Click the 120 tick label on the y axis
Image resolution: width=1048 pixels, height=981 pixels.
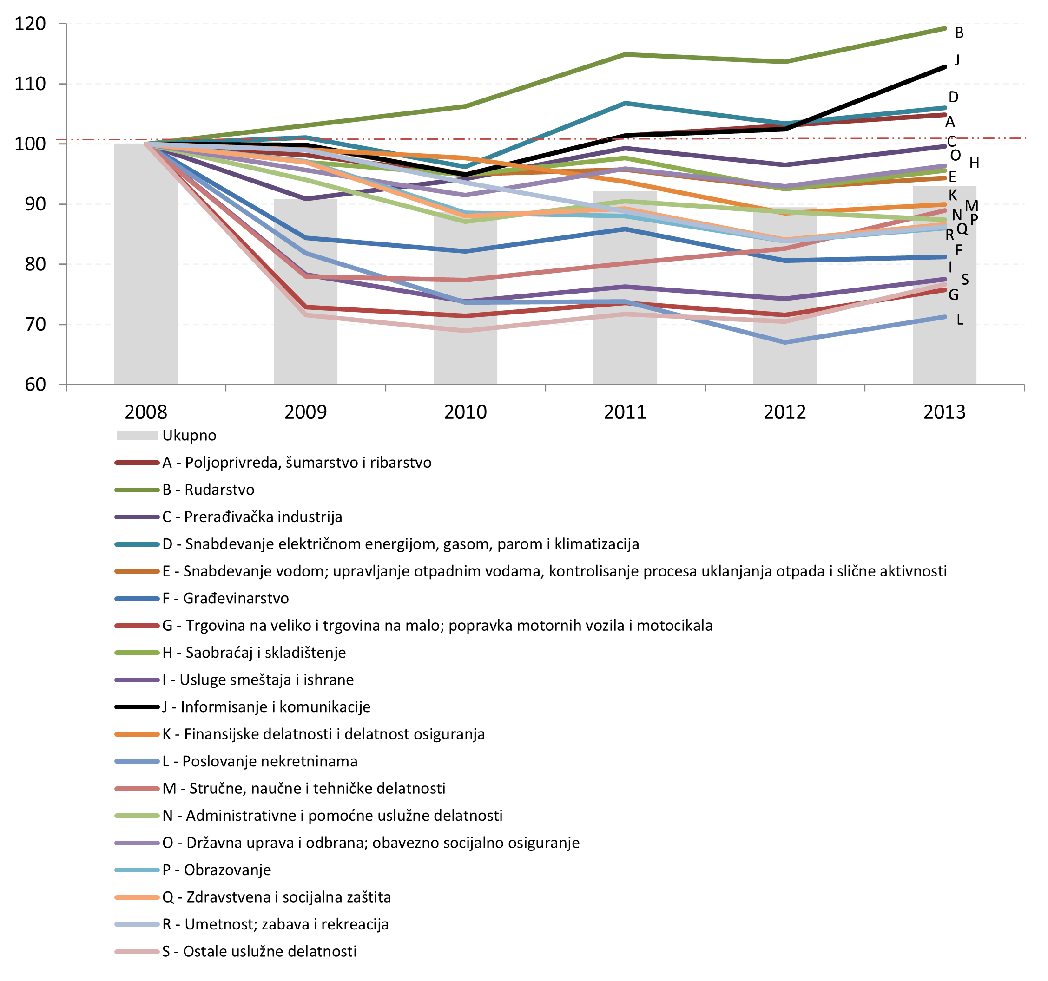click(30, 24)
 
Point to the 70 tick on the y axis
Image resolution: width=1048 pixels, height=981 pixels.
click(35, 324)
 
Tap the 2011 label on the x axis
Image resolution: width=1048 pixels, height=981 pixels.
click(625, 412)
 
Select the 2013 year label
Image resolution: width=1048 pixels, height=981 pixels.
click(944, 412)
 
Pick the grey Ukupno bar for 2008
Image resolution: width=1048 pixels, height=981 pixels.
click(145, 263)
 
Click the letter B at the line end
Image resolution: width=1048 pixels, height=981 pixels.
click(959, 33)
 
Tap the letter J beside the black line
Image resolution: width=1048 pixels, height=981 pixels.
click(957, 59)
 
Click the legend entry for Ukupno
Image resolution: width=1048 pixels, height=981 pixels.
click(189, 435)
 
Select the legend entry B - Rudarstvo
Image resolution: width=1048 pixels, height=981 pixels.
click(208, 490)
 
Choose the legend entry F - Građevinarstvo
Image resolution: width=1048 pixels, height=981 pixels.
click(225, 598)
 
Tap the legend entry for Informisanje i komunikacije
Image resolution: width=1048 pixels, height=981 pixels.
click(266, 706)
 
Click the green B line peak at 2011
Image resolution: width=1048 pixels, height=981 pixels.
click(625, 54)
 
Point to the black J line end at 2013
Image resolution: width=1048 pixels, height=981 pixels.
click(944, 67)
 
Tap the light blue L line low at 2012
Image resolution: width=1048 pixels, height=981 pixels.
click(785, 342)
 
